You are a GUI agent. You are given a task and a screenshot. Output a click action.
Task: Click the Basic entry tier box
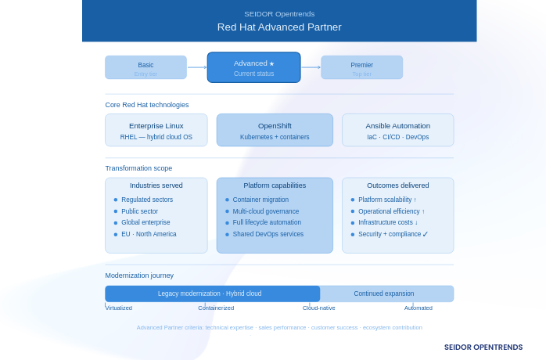(x=145, y=67)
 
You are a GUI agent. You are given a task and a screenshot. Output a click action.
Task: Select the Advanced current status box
(x=253, y=67)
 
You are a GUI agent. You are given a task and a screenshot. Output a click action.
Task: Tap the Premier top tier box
(x=361, y=67)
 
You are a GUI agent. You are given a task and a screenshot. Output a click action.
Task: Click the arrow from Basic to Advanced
(x=197, y=67)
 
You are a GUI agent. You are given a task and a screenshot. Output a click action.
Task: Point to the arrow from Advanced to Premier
(x=311, y=67)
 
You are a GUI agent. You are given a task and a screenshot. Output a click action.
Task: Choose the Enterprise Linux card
(x=156, y=130)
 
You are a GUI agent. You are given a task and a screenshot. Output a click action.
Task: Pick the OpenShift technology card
(x=275, y=130)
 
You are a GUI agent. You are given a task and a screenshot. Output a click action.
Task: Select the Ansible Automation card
(x=397, y=130)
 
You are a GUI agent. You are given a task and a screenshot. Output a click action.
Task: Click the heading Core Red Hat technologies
(x=147, y=105)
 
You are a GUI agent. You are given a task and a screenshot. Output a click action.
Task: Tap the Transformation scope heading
(x=138, y=168)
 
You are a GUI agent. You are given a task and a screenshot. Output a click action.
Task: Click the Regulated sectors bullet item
(x=147, y=200)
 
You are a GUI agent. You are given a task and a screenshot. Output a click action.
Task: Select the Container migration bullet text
(x=260, y=200)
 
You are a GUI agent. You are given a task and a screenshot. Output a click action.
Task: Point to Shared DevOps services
(x=268, y=234)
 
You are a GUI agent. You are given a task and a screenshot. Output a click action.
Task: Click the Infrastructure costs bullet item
(x=387, y=222)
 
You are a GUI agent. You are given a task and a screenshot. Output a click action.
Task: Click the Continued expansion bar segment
(x=384, y=293)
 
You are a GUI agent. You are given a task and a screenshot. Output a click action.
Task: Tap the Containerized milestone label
(x=216, y=308)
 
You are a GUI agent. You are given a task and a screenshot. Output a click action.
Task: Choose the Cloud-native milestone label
(x=319, y=308)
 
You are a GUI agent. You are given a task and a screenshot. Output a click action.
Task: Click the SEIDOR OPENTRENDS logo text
(x=483, y=347)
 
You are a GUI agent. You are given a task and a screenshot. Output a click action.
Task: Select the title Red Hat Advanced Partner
(x=279, y=27)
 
